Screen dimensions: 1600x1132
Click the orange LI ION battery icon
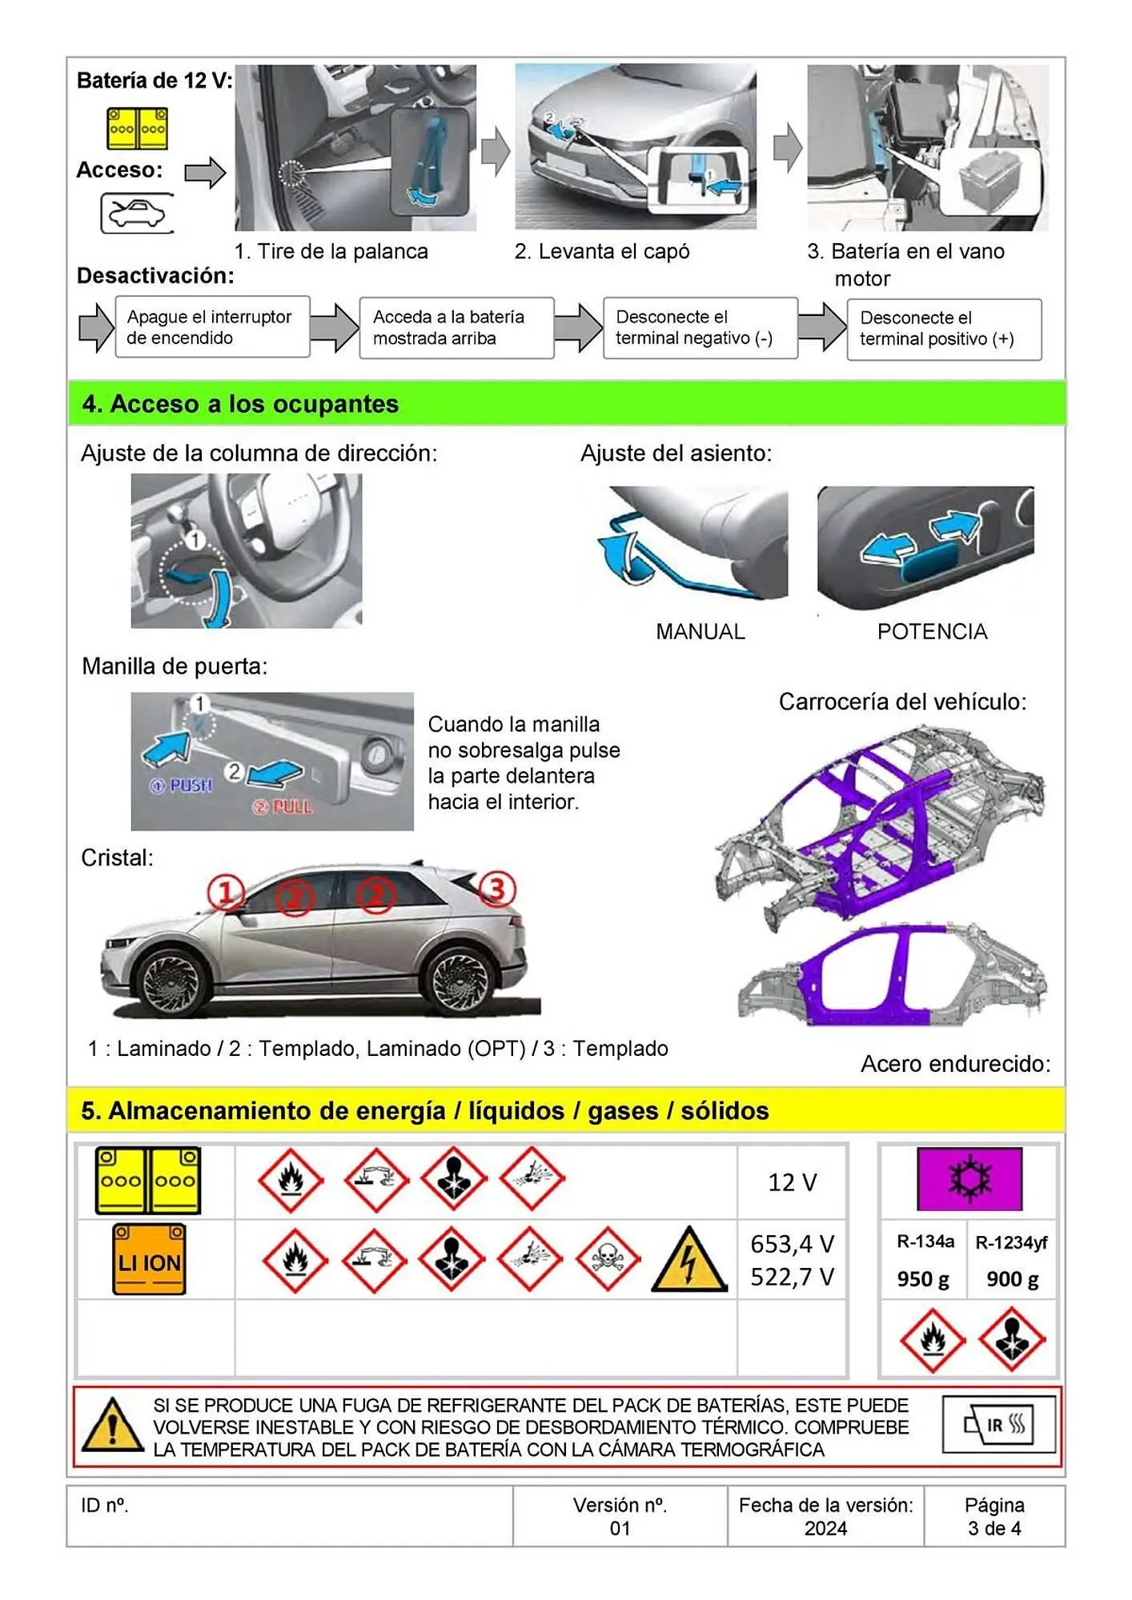[x=149, y=1258]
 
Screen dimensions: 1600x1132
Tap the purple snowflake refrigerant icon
[x=969, y=1178]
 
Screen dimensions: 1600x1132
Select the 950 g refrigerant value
[x=923, y=1279]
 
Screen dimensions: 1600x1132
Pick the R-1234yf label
[x=1011, y=1242]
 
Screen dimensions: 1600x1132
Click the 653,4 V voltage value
[x=792, y=1244]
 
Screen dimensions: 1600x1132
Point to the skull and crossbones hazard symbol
[x=608, y=1258]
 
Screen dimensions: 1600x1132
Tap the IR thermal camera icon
[x=999, y=1425]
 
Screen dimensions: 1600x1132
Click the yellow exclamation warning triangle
[x=113, y=1426]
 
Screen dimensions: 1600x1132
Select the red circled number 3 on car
[x=496, y=889]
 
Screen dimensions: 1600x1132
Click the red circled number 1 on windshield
[x=226, y=892]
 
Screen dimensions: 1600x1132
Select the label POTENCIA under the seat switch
[x=932, y=631]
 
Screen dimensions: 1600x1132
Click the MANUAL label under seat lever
[x=700, y=631]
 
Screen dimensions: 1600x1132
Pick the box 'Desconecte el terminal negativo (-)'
[x=700, y=327]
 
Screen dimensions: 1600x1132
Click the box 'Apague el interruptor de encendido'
[x=212, y=327]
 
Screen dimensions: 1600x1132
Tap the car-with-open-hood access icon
[x=137, y=214]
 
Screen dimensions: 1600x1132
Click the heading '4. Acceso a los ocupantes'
[x=240, y=403]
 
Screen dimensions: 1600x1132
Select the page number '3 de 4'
[x=994, y=1528]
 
